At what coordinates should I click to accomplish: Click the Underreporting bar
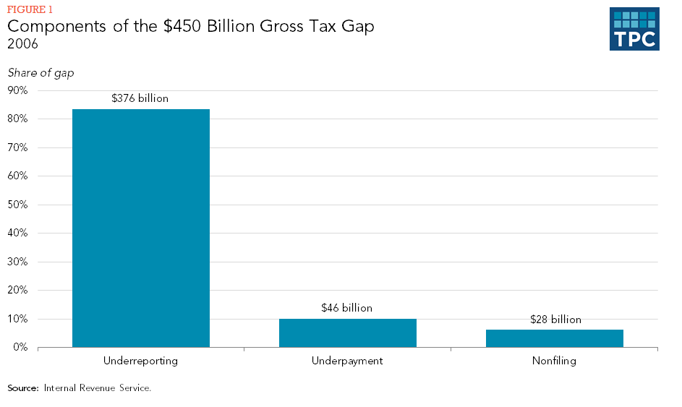point(141,228)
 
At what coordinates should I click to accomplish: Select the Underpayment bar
point(347,333)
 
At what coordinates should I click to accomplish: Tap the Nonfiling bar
point(554,338)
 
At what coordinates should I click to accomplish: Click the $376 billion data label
point(140,98)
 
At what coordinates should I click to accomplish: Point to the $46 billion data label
point(346,308)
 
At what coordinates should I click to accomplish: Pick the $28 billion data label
point(555,319)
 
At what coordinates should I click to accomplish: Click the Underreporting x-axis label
point(140,360)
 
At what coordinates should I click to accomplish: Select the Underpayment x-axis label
point(347,360)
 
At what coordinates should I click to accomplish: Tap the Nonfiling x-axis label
point(554,360)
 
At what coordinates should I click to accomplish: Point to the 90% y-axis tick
point(17,90)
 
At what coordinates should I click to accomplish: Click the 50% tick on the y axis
point(17,205)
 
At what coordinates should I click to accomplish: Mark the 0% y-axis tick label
point(20,348)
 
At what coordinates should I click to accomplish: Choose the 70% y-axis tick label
point(17,147)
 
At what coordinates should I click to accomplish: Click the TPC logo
point(634,30)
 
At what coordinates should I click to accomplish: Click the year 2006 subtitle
point(22,44)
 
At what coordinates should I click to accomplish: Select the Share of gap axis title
point(41,72)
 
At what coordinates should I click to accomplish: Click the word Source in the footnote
point(22,388)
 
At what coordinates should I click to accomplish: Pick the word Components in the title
point(55,27)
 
